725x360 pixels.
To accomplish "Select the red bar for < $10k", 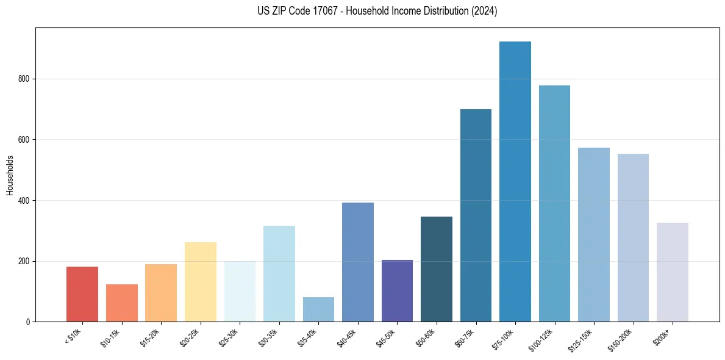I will coord(82,294).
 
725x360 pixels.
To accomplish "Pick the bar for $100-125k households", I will coord(554,204).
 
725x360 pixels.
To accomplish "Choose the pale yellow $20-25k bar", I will coord(201,282).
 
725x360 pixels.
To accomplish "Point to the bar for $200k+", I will coord(673,272).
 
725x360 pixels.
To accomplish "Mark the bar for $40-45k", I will coord(358,262).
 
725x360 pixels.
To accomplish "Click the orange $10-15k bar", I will coord(122,303).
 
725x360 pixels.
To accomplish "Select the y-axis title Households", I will coord(10,175).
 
